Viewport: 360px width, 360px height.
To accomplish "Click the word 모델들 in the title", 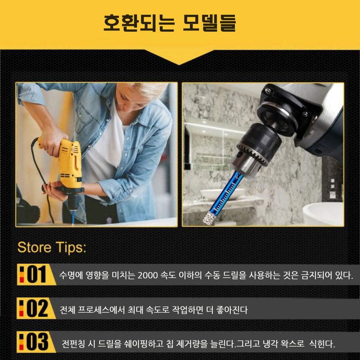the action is (209, 23).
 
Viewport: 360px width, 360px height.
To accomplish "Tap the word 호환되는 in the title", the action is (139, 23).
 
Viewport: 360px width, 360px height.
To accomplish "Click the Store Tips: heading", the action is (52, 247).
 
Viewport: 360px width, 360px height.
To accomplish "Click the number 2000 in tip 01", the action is (148, 275).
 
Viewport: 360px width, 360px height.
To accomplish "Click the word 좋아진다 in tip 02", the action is (232, 310).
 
